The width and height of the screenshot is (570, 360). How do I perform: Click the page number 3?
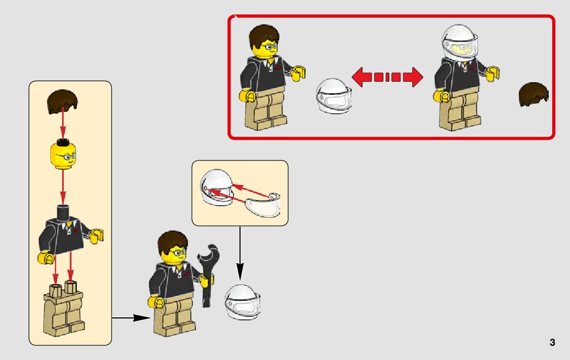coord(552,342)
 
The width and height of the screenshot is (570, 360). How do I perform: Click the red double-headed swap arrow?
coord(387,77)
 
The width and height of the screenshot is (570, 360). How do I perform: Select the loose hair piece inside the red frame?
coord(533,94)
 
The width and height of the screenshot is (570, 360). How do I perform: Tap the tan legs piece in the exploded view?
coord(63,309)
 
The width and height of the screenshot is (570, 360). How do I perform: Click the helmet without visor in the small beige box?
coord(217,186)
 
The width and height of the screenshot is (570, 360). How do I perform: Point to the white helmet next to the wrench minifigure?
coord(243,302)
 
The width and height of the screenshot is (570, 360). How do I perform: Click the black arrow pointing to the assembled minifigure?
coord(131,318)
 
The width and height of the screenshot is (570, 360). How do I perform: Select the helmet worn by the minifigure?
coord(459,42)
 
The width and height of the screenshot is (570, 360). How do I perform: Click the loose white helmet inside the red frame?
coord(333,96)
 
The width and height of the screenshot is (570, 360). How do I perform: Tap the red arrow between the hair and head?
coord(63,123)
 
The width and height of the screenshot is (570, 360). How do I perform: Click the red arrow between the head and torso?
coord(63,187)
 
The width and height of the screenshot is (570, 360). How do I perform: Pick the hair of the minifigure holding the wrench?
coord(173,242)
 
